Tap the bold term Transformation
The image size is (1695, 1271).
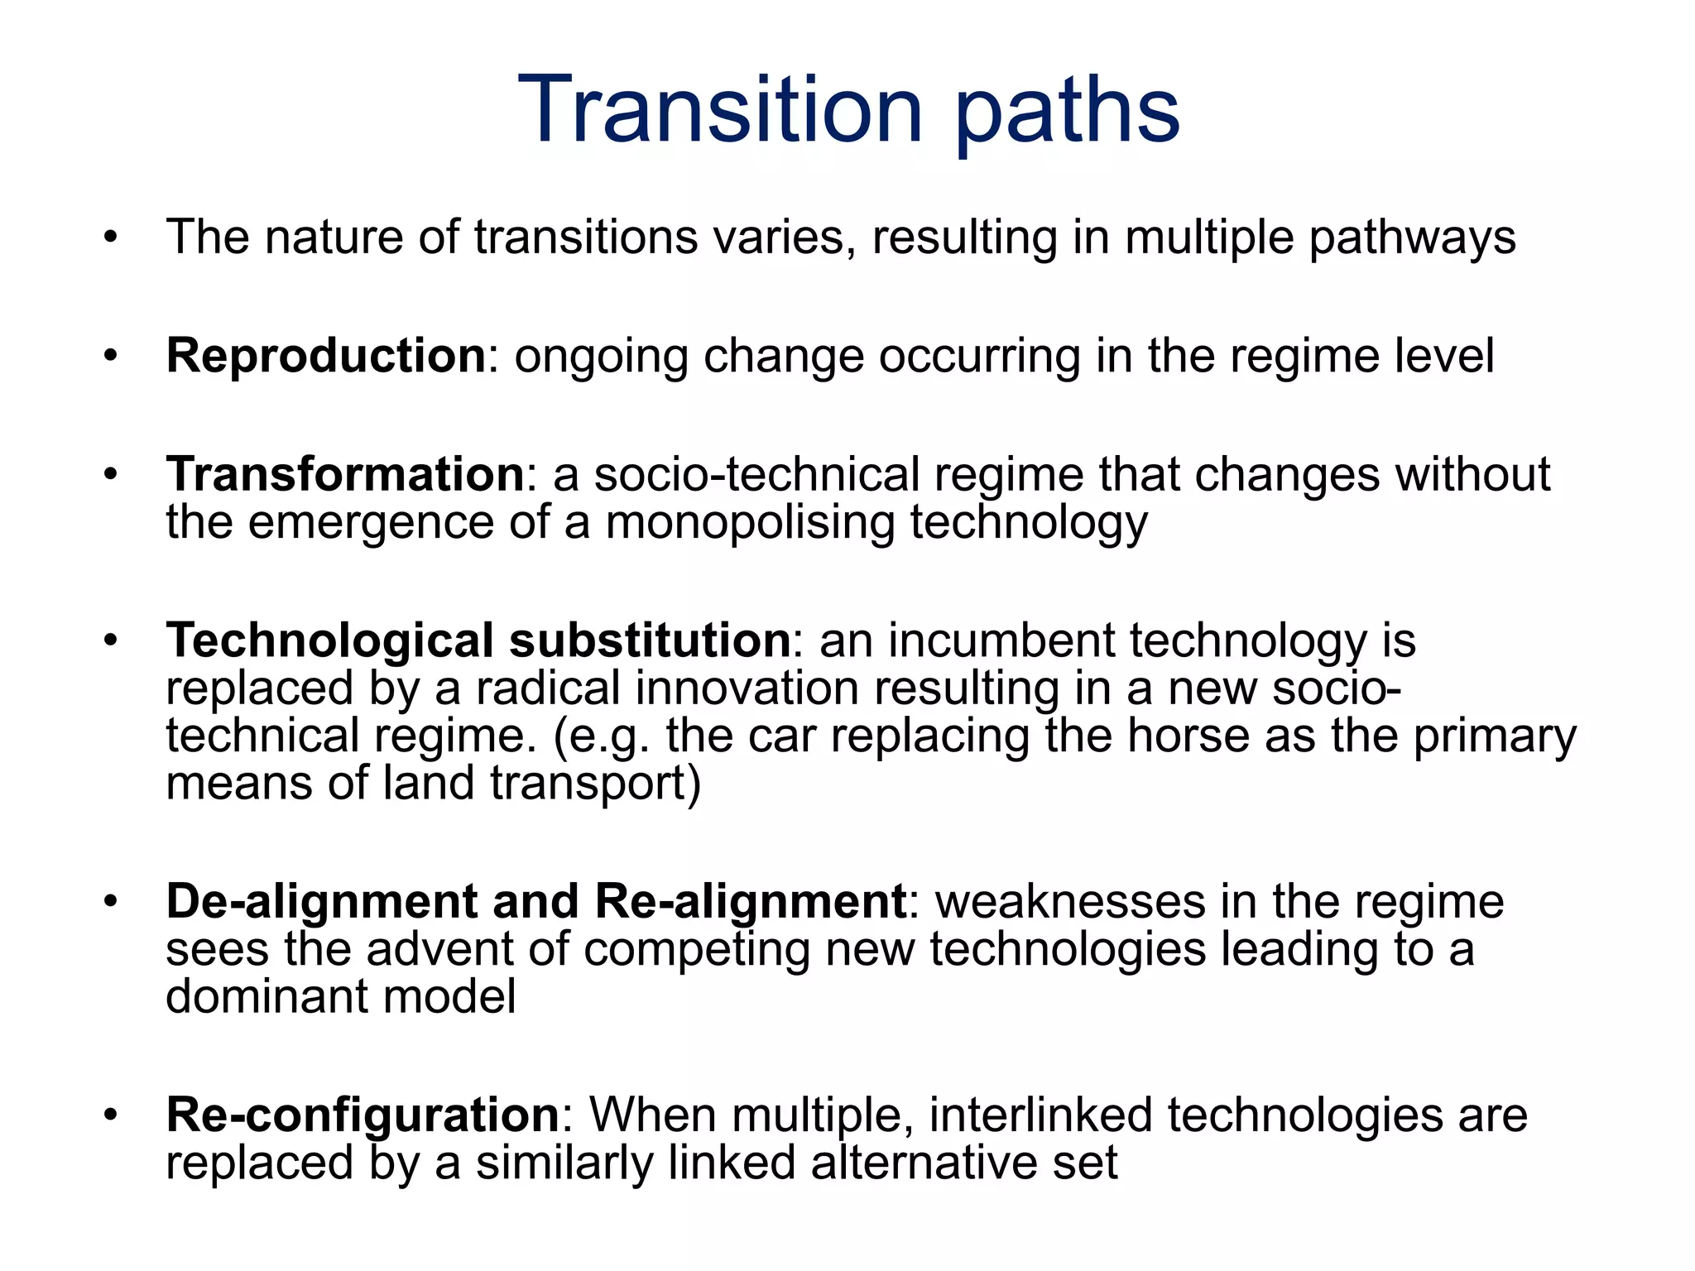tap(345, 474)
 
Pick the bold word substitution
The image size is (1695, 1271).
tap(650, 640)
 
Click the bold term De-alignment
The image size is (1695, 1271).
tap(322, 901)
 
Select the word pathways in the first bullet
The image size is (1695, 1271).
tap(1412, 237)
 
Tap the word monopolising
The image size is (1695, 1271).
tap(750, 523)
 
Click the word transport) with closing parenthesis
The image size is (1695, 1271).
tap(595, 784)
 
